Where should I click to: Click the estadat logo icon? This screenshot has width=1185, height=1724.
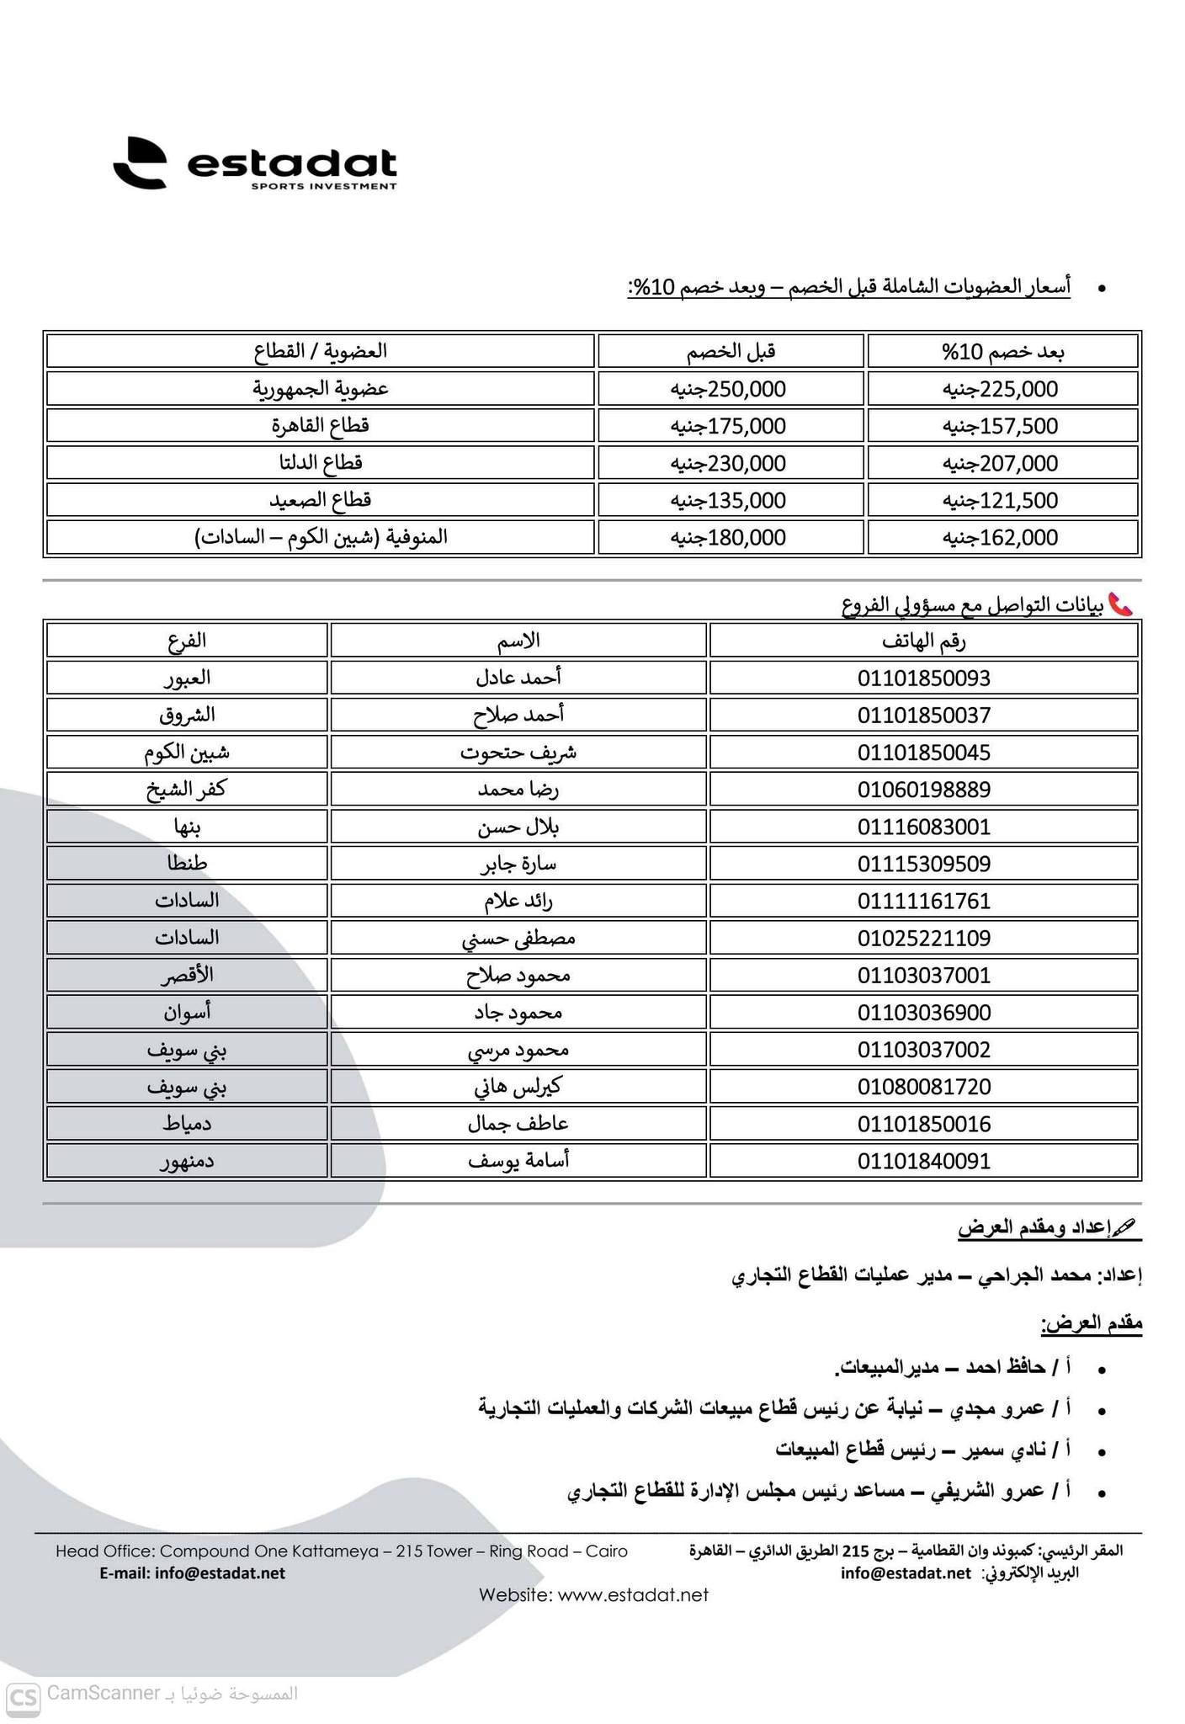pos(141,163)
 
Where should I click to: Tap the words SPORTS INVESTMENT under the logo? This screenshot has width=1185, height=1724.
pos(323,186)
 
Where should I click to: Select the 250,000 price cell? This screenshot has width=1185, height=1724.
pos(729,389)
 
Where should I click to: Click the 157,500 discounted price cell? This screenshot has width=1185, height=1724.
pos(1001,426)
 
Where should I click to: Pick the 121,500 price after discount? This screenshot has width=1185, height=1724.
pos(1001,500)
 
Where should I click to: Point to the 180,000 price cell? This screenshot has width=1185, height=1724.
pos(729,537)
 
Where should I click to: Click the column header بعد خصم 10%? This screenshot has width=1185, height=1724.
pos(1002,352)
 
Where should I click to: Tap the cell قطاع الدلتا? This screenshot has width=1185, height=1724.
pos(321,463)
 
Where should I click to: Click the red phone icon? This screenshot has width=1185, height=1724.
pos(1120,604)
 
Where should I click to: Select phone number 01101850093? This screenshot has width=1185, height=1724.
pos(924,678)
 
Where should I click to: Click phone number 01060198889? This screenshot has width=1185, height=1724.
pos(924,790)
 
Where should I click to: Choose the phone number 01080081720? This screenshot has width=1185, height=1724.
pos(924,1087)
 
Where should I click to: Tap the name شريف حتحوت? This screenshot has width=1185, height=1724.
pos(518,753)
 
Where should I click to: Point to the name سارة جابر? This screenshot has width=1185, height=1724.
pos(518,864)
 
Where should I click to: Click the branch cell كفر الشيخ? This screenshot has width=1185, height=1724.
pos(187,790)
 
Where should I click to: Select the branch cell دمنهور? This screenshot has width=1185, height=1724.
pos(187,1161)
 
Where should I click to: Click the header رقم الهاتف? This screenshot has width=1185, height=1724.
pos(924,641)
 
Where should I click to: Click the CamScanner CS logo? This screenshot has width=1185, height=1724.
pos(23,1695)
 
